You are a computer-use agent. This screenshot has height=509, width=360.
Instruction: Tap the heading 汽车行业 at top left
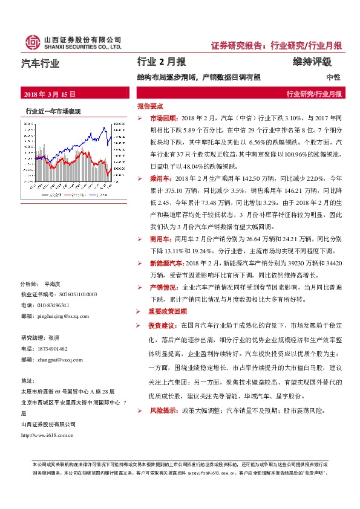tap(41, 62)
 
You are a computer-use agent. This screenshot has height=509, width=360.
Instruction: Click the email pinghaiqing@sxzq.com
tap(63, 316)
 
